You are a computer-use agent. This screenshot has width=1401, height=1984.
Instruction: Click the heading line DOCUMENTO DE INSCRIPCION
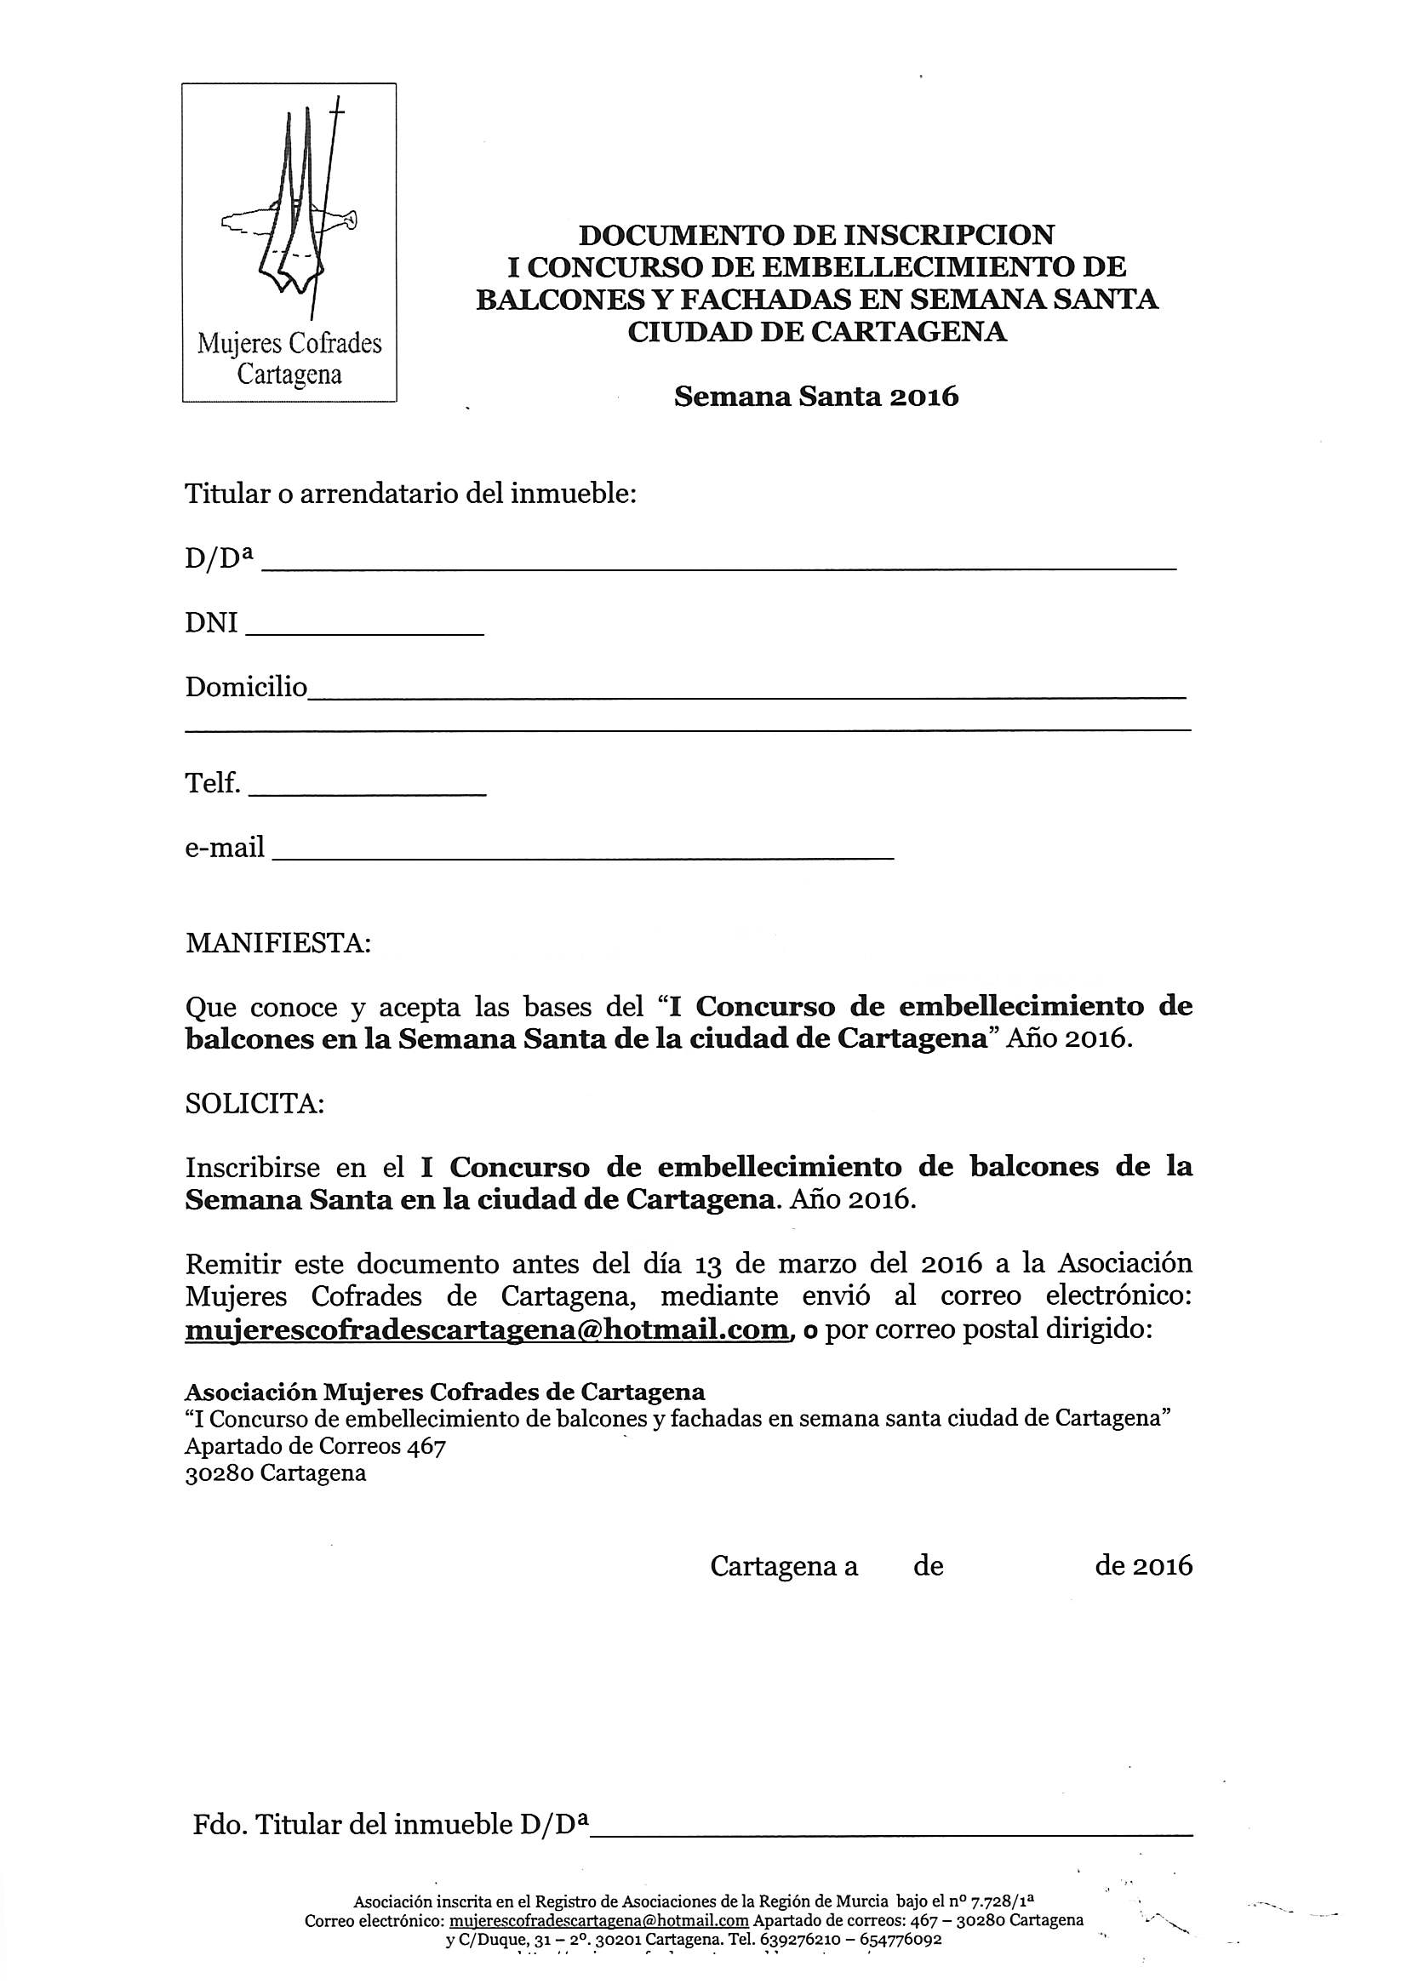pyautogui.click(x=816, y=235)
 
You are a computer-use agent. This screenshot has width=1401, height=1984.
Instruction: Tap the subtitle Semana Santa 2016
pyautogui.click(x=816, y=397)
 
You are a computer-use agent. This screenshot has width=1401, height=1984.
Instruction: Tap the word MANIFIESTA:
pyautogui.click(x=277, y=943)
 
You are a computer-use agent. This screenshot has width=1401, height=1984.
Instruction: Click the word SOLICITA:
pyautogui.click(x=254, y=1104)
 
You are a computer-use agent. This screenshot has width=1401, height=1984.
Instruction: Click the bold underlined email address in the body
pyautogui.click(x=486, y=1329)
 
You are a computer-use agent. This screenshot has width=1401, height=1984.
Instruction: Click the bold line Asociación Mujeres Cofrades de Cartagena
pyautogui.click(x=444, y=1392)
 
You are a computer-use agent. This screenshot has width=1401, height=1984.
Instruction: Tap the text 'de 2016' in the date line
pyautogui.click(x=1142, y=1567)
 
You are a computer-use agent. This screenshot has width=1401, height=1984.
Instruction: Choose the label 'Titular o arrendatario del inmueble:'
pyautogui.click(x=410, y=495)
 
